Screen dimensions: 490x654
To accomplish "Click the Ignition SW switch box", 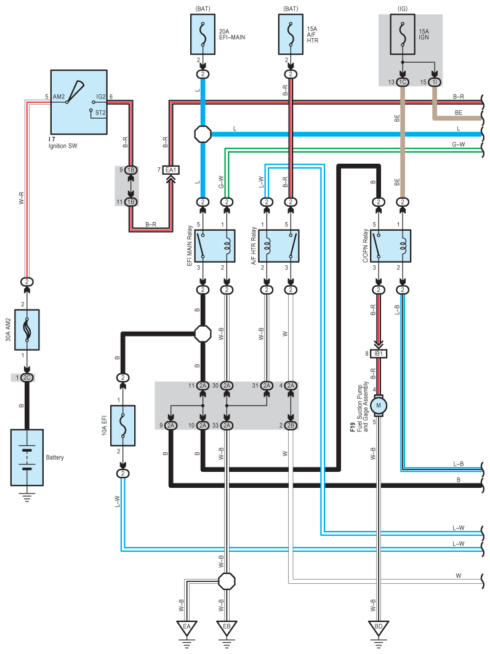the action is pos(79,102).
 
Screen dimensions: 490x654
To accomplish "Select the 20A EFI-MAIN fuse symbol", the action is pos(203,34).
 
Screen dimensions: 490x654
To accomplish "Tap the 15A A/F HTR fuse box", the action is pos(291,34).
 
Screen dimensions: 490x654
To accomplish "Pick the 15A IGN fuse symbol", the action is pos(403,34).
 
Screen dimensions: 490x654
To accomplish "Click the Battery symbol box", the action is pos(26,457).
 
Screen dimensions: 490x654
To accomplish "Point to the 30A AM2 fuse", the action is pos(26,330).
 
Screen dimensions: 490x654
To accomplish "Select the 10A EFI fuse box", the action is pos(122,425).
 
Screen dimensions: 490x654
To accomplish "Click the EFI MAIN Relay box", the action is pos(215,245).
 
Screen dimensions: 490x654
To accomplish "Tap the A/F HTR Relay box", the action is pos(278,245).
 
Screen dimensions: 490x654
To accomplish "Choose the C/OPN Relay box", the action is pos(390,245).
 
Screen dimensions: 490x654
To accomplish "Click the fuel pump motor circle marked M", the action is pos(379,405).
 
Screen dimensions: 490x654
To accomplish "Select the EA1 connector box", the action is pos(171,170).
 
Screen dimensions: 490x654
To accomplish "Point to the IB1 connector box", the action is pos(379,354).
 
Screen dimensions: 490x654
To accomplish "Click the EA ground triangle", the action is pos(187,628).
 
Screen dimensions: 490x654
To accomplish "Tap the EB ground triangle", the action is pos(227,628).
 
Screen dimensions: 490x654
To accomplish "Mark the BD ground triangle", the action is pos(379,628).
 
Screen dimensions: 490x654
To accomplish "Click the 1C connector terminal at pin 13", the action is pos(403,82).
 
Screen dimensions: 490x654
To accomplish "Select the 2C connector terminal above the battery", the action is pos(26,378).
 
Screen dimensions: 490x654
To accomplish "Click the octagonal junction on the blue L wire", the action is pos(203,134).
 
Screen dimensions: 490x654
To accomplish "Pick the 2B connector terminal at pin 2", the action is pos(291,425).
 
